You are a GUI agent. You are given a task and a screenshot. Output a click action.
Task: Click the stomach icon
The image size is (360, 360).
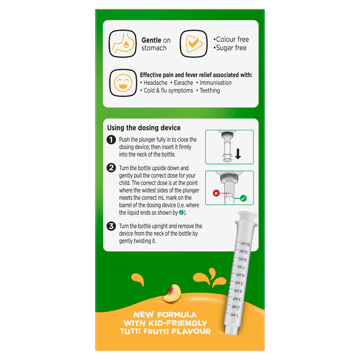pyautogui.click(x=122, y=44)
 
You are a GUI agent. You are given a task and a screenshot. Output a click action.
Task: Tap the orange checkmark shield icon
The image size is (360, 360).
pyautogui.click(x=193, y=44)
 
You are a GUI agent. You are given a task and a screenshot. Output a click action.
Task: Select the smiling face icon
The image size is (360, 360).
pyautogui.click(x=123, y=83)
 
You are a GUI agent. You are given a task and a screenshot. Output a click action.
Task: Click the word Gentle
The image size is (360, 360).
pyautogui.click(x=151, y=40)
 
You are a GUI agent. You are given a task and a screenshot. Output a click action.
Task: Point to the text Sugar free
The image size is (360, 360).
pyautogui.click(x=231, y=48)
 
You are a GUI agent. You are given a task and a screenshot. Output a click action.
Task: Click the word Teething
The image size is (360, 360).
pyautogui.click(x=210, y=91)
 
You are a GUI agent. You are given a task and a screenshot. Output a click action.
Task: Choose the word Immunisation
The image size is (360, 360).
pyautogui.click(x=215, y=83)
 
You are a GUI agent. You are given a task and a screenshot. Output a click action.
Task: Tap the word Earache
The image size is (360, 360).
pyautogui.click(x=184, y=83)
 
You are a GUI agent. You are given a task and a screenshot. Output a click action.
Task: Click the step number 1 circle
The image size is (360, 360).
pyautogui.click(x=111, y=139)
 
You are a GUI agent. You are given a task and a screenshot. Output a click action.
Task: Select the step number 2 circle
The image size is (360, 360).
pyautogui.click(x=111, y=168)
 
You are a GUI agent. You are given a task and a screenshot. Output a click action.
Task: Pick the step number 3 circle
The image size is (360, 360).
pyautogui.click(x=111, y=226)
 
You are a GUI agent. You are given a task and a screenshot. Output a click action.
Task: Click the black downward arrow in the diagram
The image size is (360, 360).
pyautogui.click(x=238, y=154)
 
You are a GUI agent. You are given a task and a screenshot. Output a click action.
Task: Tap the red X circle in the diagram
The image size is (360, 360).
pyautogui.click(x=216, y=193)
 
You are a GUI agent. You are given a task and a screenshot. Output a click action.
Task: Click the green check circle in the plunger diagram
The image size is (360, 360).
pyautogui.click(x=243, y=198)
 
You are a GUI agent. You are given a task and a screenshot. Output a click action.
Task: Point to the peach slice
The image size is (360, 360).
pyautogui.click(x=172, y=294)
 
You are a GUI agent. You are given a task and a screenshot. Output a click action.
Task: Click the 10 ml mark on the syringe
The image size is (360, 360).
pyautogui.click(x=246, y=244)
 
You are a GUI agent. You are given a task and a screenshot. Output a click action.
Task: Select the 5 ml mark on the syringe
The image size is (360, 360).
pyautogui.click(x=239, y=283)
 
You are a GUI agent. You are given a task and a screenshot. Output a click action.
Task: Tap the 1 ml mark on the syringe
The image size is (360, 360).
pyautogui.click(x=234, y=315)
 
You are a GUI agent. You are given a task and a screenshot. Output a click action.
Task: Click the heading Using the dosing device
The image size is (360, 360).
pyautogui.click(x=143, y=128)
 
